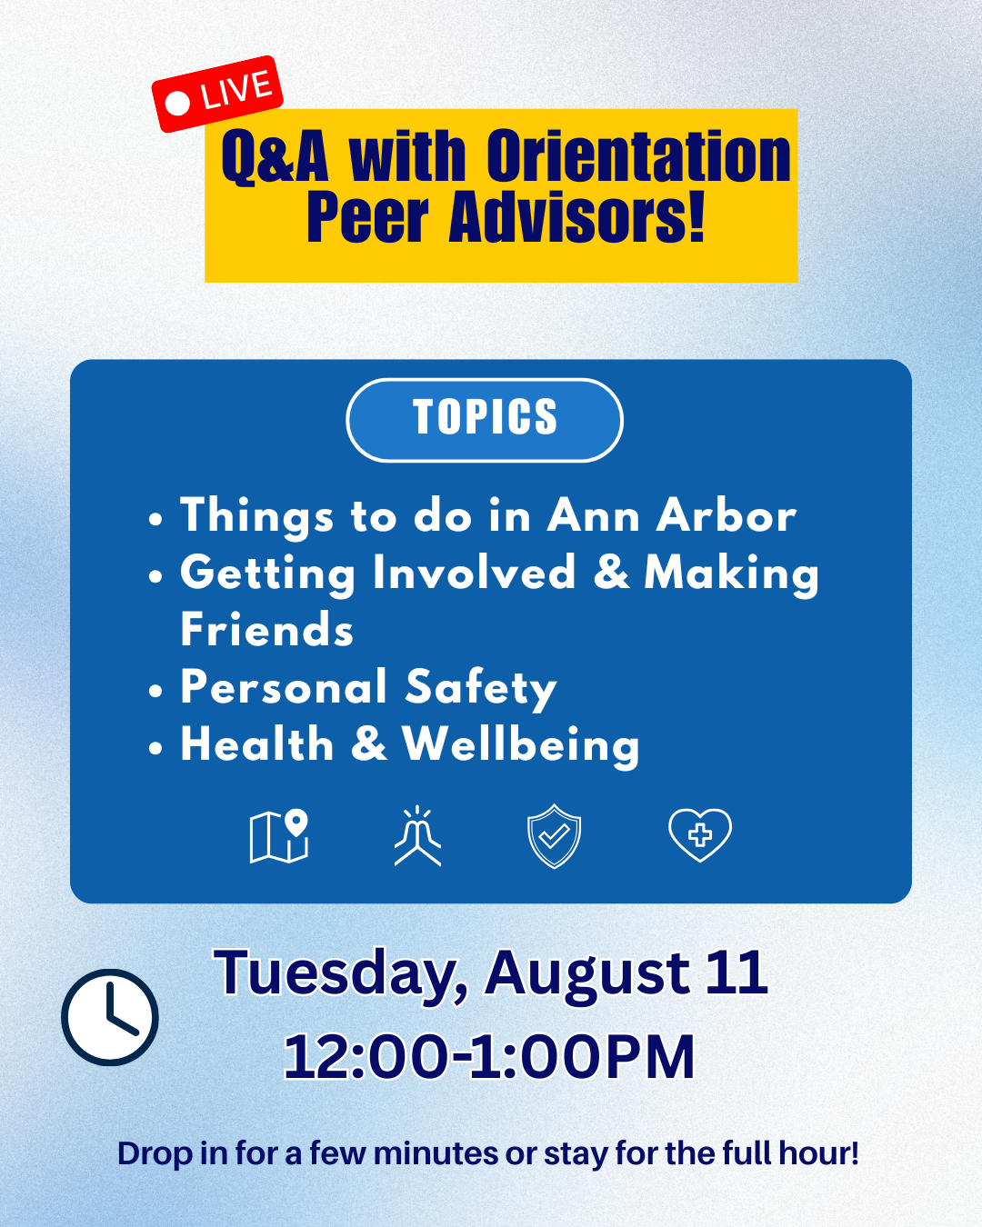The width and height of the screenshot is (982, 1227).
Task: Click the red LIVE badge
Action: [217, 95]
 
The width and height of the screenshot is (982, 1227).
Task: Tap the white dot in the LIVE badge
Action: [177, 104]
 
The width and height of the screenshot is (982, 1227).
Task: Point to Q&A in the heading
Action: [275, 157]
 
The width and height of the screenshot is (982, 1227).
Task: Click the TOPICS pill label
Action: [485, 420]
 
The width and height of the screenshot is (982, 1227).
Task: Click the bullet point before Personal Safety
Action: [155, 691]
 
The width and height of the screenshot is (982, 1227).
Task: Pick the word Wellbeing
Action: [520, 746]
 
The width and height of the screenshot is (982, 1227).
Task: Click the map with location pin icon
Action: [279, 836]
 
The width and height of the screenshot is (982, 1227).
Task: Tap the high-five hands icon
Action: [417, 836]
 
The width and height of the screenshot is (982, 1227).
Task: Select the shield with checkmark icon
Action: [554, 836]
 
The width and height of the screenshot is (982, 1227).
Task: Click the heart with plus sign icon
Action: [700, 835]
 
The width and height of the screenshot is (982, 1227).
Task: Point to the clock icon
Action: [110, 1017]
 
